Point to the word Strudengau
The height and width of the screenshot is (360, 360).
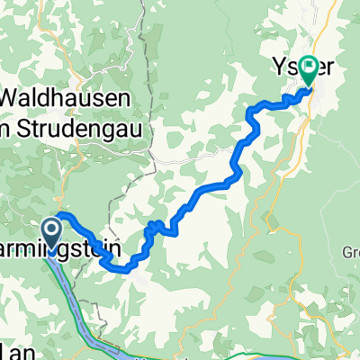(x=81, y=121)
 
